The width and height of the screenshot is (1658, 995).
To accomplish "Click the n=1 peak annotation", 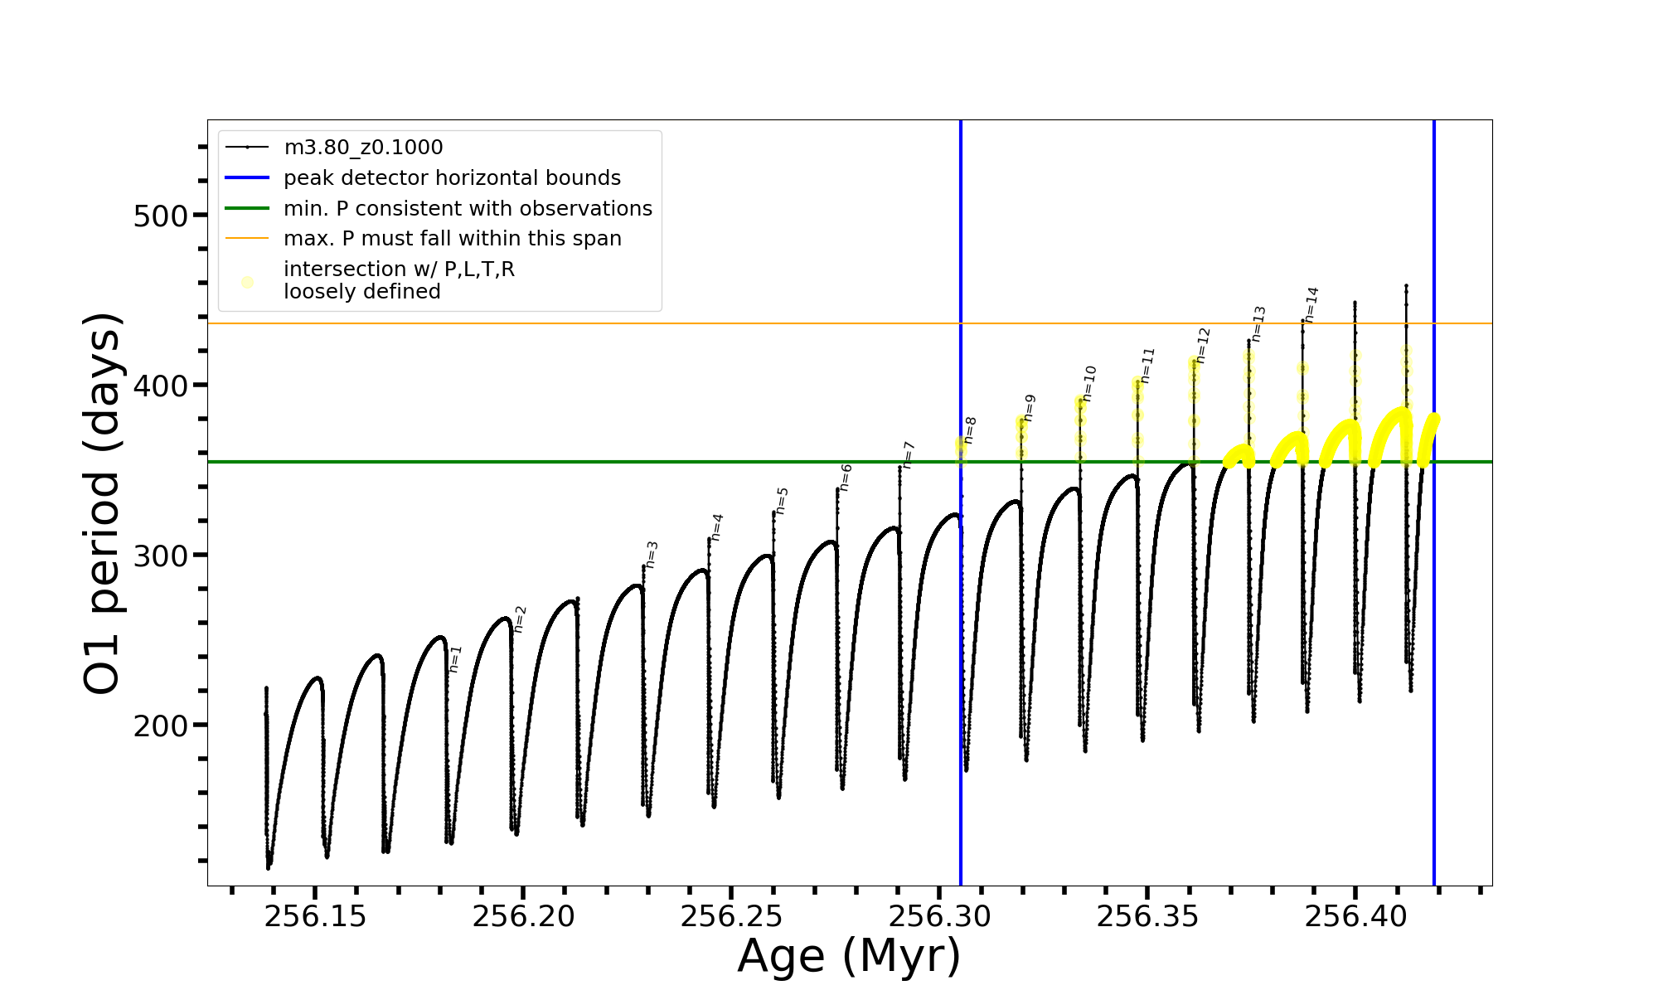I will pos(455,659).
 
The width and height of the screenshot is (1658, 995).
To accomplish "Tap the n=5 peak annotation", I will pos(783,501).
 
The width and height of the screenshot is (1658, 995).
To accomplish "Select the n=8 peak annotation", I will pos(970,430).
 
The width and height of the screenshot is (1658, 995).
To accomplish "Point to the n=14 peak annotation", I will pos(1311,304).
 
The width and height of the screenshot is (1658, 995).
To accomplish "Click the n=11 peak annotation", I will pos(1147,365).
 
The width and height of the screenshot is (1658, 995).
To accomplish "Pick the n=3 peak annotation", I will pos(652,555).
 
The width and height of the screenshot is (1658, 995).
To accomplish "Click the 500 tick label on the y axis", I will pos(161,216).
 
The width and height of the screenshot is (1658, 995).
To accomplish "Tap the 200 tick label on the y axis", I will pos(161,726).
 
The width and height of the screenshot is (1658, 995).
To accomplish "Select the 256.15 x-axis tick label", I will pos(315,917).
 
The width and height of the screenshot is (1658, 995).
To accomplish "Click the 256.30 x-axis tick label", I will pos(939,917).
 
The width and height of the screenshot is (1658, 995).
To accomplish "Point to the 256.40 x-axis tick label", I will pos(1355,917).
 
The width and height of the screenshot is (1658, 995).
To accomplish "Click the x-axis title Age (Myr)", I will pos(849,956).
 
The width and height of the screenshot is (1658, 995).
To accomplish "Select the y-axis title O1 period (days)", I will pos(103,503).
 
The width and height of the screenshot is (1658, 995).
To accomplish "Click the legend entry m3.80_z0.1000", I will pos(363,148).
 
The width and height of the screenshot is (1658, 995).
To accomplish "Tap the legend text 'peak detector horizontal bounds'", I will pos(452,178).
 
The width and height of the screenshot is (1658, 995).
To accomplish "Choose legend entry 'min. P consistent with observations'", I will pos(468,209).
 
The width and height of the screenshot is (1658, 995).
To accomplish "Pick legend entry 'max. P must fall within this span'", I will pos(453,239).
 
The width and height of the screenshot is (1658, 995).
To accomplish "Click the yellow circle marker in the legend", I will pos(247,282).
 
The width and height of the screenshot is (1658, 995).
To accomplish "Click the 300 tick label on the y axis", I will pos(161,556).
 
